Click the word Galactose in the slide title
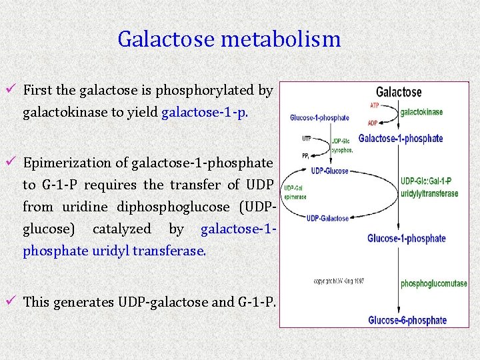[167, 39]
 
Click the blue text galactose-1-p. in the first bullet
[205, 112]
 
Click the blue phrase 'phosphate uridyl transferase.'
[115, 251]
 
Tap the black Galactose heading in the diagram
[399, 93]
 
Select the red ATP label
[376, 105]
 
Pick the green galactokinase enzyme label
[421, 112]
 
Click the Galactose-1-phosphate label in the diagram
[401, 139]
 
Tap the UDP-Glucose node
[327, 171]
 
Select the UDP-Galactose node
[327, 218]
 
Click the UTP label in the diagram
[306, 139]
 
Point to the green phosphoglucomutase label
[433, 284]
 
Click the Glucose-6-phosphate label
[407, 320]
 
